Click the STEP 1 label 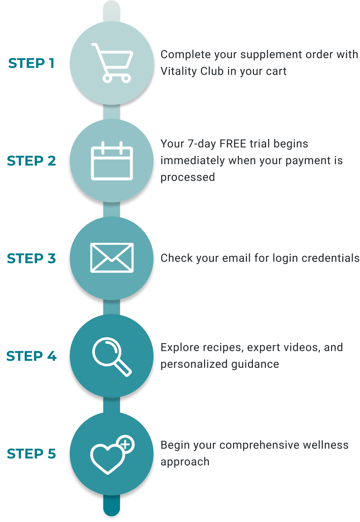[31, 63]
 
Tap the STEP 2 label [31, 161]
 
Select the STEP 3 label [31, 258]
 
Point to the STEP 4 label [31, 356]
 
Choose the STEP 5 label [31, 454]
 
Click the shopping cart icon [112, 63]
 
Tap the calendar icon [112, 160]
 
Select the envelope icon [112, 258]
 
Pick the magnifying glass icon [112, 357]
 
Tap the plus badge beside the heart [126, 444]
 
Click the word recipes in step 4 [218, 348]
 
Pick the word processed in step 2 [188, 177]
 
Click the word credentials [330, 258]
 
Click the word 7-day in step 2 [202, 144]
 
